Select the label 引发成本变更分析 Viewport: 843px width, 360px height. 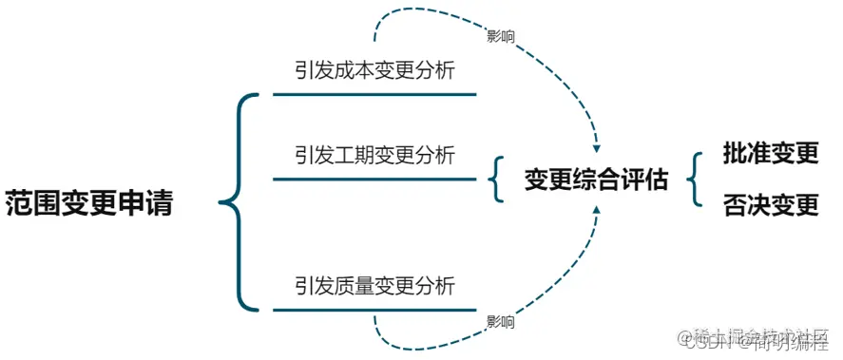click(374, 71)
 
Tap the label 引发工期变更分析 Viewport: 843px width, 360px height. click(374, 154)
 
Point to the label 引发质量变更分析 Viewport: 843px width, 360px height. click(374, 285)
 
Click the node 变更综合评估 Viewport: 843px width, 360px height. click(596, 180)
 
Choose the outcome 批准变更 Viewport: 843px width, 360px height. click(770, 154)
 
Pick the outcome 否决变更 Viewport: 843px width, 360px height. click(770, 205)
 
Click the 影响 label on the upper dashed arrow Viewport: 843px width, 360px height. click(501, 37)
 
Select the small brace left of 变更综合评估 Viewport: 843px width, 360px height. click(495, 180)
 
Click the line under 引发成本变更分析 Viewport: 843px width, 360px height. click(374, 95)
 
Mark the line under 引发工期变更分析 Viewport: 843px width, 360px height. click(374, 178)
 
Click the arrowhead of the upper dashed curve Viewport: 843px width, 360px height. click(596, 148)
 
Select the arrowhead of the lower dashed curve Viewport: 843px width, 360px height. click(596, 210)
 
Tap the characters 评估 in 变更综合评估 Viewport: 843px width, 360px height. click(652, 180)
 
